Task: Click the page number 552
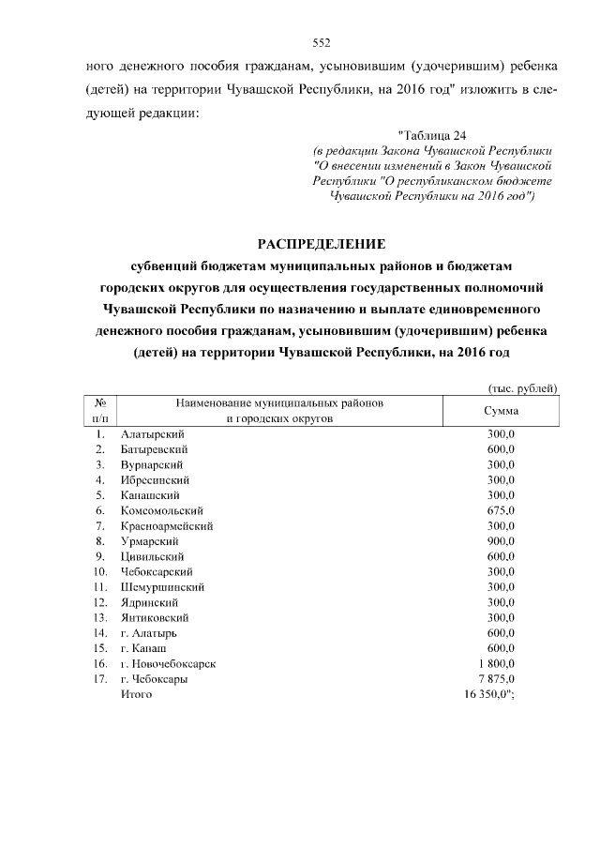322,42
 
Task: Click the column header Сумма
501,410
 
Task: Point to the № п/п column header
100,410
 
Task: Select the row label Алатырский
153,433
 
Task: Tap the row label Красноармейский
167,525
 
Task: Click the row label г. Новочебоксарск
169,663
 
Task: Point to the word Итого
136,694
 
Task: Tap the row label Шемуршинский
163,587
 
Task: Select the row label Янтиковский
156,617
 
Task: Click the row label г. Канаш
144,648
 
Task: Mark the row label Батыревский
156,449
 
